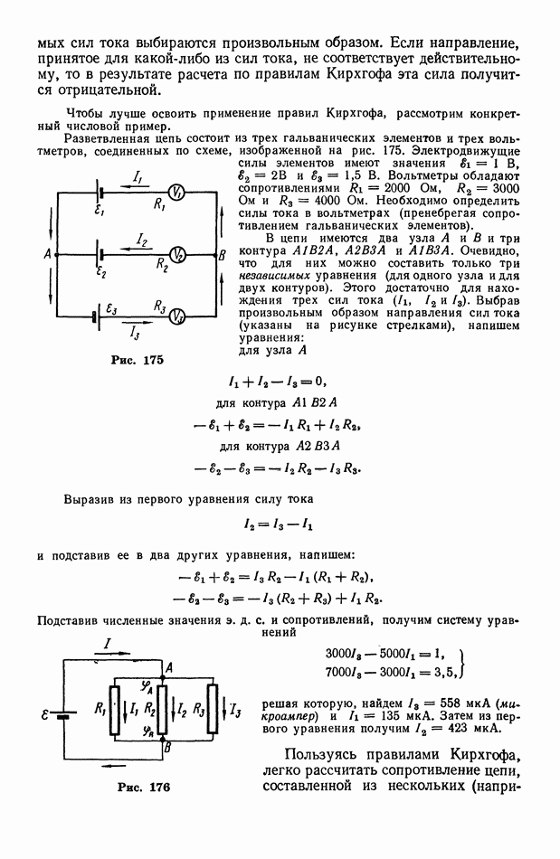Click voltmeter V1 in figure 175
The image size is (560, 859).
(x=178, y=193)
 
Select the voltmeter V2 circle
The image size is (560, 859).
(x=180, y=255)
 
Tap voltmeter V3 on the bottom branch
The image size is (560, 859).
(x=180, y=316)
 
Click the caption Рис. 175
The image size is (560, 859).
(x=138, y=360)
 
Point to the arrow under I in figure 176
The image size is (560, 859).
(x=111, y=650)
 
